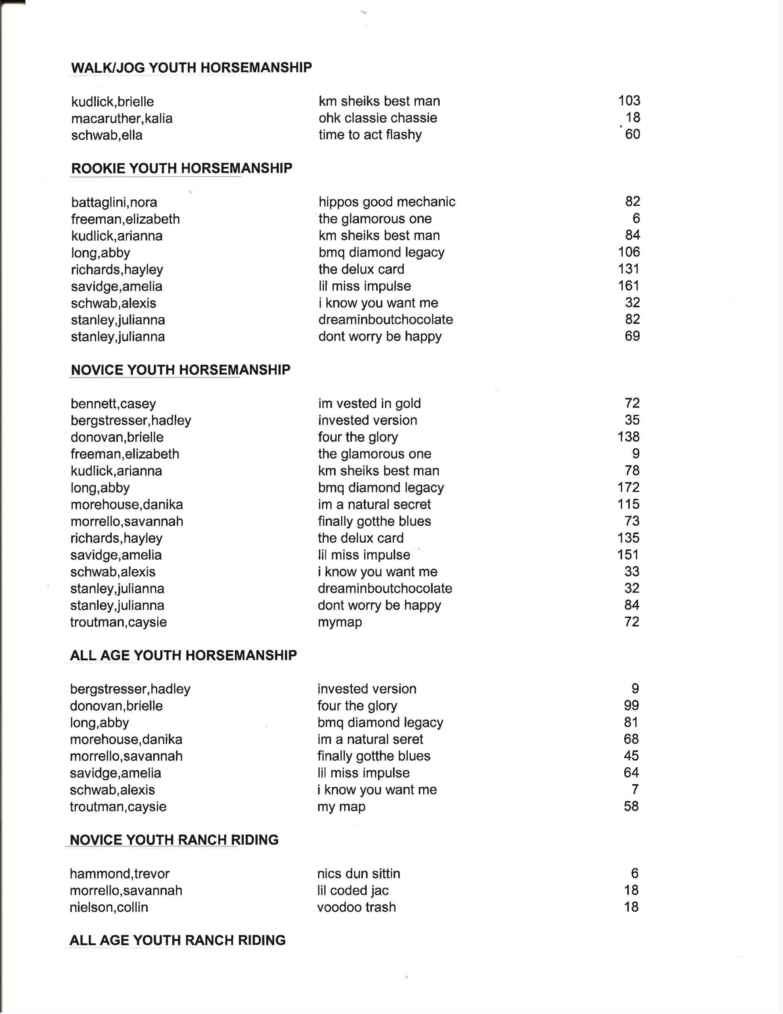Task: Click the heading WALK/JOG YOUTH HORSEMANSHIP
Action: tap(191, 68)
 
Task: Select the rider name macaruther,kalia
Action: tap(122, 118)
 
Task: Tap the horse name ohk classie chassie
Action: tap(377, 118)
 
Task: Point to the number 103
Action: tap(629, 101)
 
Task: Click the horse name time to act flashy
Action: tap(370, 135)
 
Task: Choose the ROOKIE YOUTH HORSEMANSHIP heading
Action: tap(181, 168)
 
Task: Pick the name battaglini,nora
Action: tap(114, 202)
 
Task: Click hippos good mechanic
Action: tap(387, 202)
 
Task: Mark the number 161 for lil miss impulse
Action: tap(629, 286)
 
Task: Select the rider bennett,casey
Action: tap(113, 404)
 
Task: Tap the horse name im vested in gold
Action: tap(369, 404)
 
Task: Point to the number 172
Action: tap(629, 488)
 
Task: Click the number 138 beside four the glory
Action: tap(629, 437)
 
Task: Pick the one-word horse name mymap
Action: tap(340, 622)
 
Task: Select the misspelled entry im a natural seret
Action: tap(370, 739)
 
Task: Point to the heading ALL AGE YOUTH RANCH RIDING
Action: tap(178, 940)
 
